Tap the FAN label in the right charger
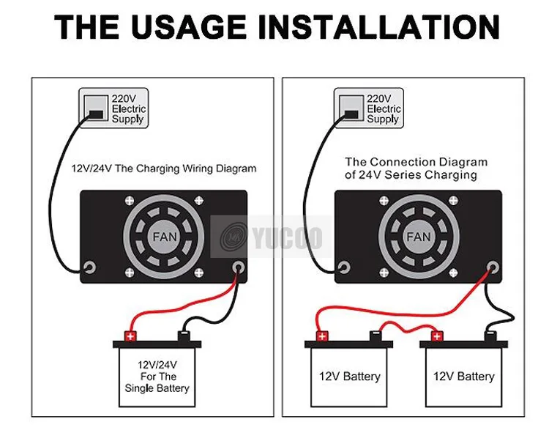point(418,237)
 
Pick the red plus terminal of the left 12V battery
point(321,336)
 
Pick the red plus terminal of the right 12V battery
point(438,336)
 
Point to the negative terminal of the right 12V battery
point(490,336)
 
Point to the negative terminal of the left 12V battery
point(374,336)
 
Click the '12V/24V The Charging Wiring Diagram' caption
point(164,169)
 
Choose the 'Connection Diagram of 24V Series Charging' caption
point(415,169)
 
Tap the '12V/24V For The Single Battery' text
point(157,376)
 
